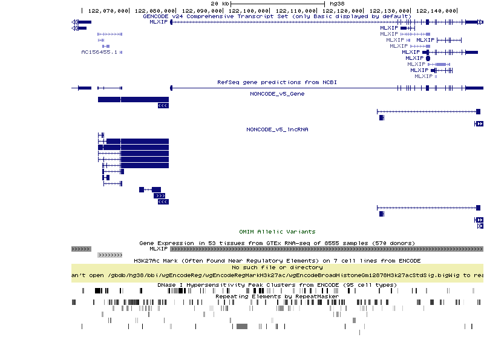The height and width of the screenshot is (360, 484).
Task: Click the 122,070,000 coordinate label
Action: pyautogui.click(x=108, y=11)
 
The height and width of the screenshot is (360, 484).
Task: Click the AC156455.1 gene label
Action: pyautogui.click(x=99, y=52)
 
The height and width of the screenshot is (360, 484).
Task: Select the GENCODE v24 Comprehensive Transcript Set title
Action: pyautogui.click(x=277, y=16)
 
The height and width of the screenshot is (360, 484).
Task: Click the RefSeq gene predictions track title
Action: pyautogui.click(x=277, y=82)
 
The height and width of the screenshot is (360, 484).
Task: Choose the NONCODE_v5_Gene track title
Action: pyautogui.click(x=277, y=94)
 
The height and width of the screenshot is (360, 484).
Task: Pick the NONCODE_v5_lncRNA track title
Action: pyautogui.click(x=277, y=129)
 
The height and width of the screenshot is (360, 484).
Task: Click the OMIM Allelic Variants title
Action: pyautogui.click(x=277, y=231)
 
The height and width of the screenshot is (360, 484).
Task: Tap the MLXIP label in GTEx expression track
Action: pyautogui.click(x=159, y=249)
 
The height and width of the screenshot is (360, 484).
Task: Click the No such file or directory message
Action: pyautogui.click(x=277, y=267)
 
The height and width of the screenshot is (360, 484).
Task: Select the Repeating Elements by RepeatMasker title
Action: pyautogui.click(x=277, y=296)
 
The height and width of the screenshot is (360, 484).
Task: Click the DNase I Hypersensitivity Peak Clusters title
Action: pyautogui.click(x=277, y=284)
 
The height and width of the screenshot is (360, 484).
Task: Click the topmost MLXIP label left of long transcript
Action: pyautogui.click(x=159, y=22)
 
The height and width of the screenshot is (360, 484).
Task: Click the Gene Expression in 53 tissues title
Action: pyautogui.click(x=277, y=243)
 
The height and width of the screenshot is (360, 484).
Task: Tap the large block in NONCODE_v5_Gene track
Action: pyautogui.click(x=133, y=99)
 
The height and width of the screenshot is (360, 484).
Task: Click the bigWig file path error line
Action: pyautogui.click(x=277, y=275)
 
